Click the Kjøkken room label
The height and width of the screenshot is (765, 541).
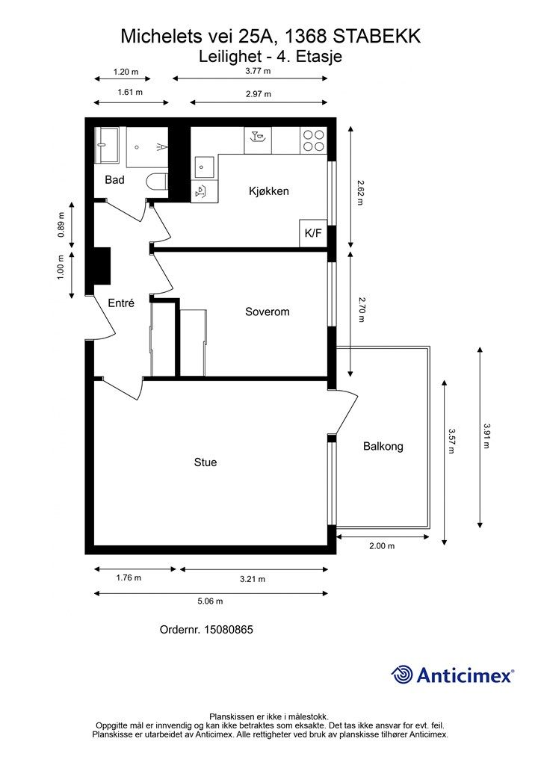(x=269, y=191)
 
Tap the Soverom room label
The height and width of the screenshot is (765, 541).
(x=268, y=312)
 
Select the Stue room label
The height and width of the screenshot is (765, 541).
(x=205, y=462)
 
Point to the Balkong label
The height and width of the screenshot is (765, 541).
(x=383, y=447)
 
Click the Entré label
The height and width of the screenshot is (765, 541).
(x=121, y=303)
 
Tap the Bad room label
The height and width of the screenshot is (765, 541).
(x=114, y=180)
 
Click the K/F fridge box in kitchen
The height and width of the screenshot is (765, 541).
(x=313, y=233)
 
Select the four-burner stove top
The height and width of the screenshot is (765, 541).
(x=313, y=140)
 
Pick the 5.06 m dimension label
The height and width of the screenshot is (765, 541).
(x=210, y=601)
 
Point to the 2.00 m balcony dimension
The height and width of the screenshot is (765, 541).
(x=382, y=546)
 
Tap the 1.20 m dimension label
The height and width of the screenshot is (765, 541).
(x=126, y=72)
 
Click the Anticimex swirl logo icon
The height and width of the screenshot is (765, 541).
(x=401, y=675)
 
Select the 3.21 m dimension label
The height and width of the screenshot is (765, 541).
(x=253, y=579)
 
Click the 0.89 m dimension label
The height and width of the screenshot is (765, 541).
(x=61, y=225)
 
